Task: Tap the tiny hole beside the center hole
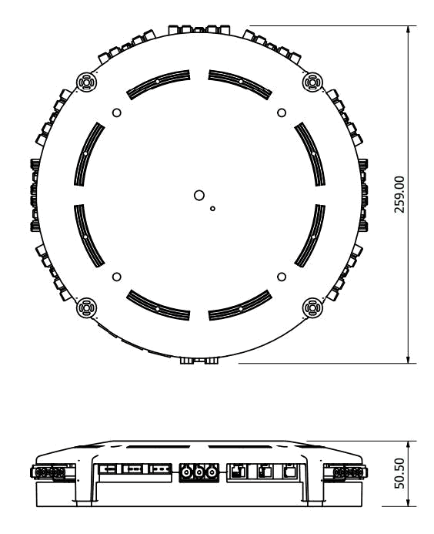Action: [x=213, y=208]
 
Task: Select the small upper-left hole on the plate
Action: [x=117, y=113]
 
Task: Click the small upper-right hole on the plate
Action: [x=282, y=113]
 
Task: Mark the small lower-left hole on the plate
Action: [x=117, y=276]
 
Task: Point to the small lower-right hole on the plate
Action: [x=282, y=276]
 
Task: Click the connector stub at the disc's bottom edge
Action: [x=199, y=360]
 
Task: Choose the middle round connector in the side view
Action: [x=199, y=472]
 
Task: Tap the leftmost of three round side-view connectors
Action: [x=186, y=472]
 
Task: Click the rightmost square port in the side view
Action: [x=289, y=470]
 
